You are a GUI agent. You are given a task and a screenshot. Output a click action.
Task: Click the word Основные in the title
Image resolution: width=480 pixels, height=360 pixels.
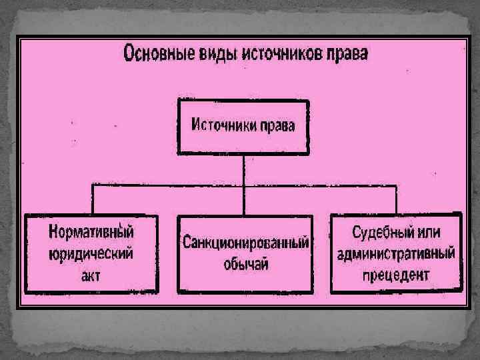click(157, 53)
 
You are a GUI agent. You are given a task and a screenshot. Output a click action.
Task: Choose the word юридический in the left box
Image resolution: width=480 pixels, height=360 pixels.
click(91, 253)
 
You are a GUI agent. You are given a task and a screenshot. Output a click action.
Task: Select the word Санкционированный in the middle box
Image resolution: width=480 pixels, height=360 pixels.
click(245, 243)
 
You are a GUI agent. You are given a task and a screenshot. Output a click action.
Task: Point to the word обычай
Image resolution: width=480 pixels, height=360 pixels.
click(245, 263)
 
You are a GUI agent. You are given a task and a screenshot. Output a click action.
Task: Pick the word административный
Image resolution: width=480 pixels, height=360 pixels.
click(396, 253)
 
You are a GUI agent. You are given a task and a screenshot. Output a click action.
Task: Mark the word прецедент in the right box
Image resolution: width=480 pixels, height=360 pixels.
click(396, 274)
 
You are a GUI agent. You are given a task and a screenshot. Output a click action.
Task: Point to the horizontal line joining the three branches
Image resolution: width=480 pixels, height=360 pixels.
click(167, 184)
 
